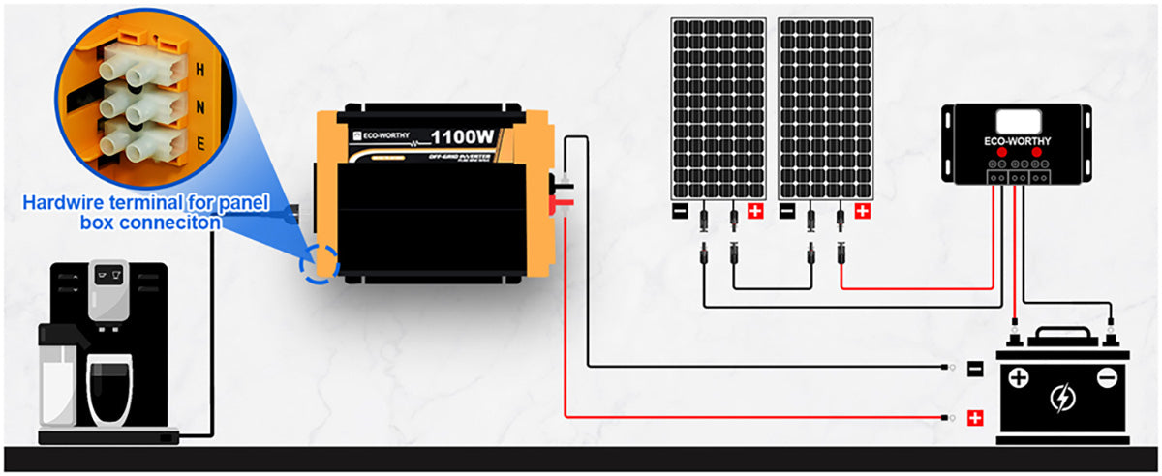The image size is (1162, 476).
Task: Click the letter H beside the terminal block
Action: pos(199,71)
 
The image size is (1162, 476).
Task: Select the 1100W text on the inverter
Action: pos(464,137)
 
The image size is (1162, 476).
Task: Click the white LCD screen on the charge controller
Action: pos(1018,122)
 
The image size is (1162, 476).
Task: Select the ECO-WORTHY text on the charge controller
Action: pos(1018,141)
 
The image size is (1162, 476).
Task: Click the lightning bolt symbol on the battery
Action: pos(1062,397)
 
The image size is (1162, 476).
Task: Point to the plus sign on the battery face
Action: pos(1018,376)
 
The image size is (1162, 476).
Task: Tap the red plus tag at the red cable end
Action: pos(976,419)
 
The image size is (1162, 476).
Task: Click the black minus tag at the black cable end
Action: pos(976,369)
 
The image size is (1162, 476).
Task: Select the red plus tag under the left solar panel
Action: pos(755,210)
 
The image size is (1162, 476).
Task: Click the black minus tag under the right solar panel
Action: pos(788,210)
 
